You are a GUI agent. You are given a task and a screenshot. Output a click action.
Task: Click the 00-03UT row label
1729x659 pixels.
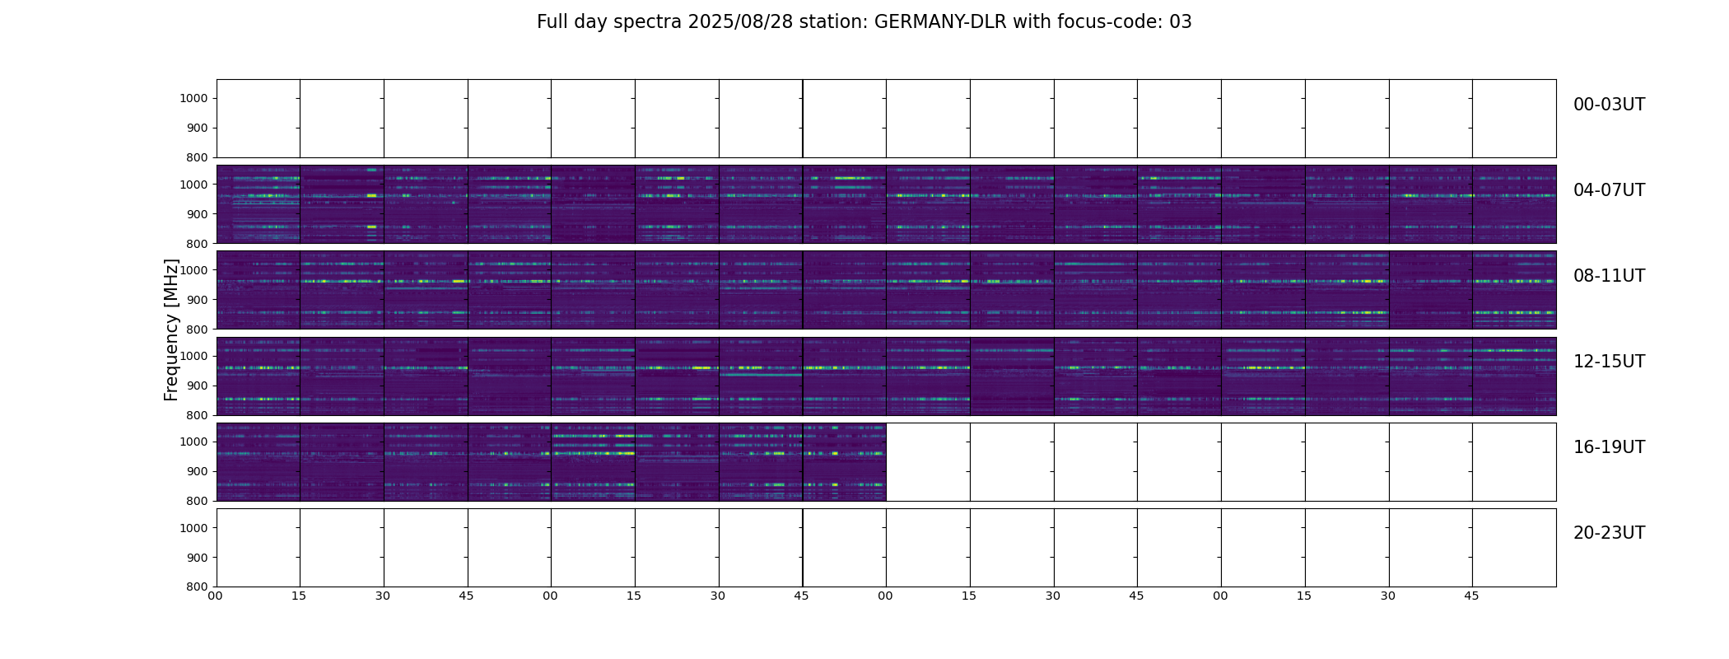point(1609,105)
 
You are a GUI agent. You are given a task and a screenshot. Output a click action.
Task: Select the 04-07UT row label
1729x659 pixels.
point(1609,190)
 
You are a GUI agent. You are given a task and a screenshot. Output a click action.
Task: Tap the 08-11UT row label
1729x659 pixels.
point(1609,276)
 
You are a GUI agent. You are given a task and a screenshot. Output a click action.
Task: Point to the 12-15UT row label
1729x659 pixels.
point(1609,362)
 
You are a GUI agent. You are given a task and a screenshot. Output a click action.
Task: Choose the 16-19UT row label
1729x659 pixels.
point(1609,447)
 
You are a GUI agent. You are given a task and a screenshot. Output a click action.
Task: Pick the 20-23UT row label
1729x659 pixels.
point(1609,533)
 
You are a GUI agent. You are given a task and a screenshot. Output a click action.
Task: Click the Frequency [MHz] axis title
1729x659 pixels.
point(171,329)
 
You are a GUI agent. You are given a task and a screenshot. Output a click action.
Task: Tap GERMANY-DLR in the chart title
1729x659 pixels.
point(939,22)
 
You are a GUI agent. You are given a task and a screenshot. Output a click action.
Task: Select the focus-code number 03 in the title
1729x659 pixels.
point(1181,22)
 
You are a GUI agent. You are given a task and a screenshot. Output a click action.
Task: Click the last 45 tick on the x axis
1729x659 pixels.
point(1471,596)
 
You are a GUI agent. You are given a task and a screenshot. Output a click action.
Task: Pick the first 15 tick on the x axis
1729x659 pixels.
point(299,596)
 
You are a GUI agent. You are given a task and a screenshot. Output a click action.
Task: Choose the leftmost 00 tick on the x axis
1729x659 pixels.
point(215,596)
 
